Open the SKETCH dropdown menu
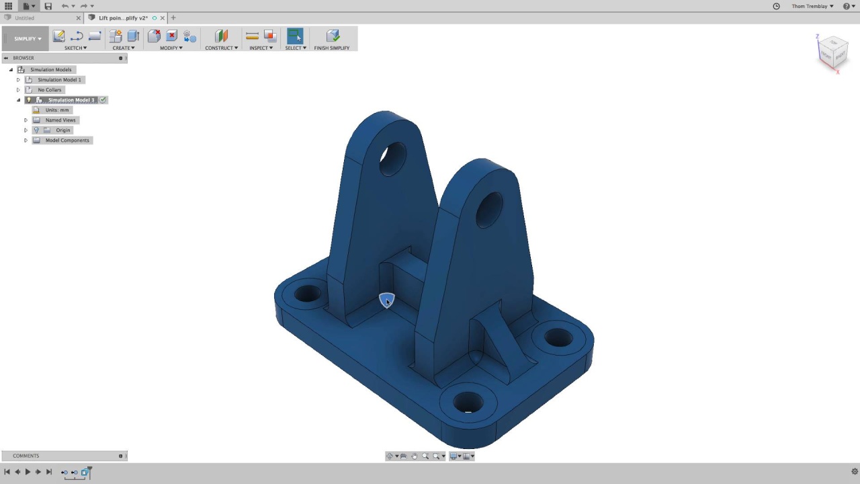75,48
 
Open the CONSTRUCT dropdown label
221,48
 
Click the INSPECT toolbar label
261,48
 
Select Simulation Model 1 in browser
59,79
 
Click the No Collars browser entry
49,89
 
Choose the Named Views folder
60,120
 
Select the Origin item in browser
62,130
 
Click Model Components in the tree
67,140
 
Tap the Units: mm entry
57,110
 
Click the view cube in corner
832,52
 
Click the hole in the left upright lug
393,159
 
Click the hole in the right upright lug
489,209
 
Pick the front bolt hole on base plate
468,402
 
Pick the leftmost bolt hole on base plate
307,294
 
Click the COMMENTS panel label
26,456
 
